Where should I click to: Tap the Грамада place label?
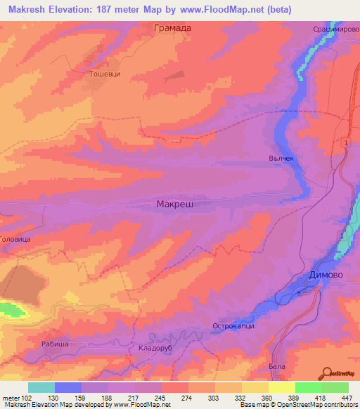pos(172,29)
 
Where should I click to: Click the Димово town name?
pos(326,275)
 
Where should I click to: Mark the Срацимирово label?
pos(337,30)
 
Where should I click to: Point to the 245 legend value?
pos(161,398)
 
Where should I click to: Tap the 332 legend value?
pos(241,398)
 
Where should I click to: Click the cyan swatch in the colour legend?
pos(41,387)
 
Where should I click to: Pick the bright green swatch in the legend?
pos(308,387)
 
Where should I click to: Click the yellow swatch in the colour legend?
pos(281,387)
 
